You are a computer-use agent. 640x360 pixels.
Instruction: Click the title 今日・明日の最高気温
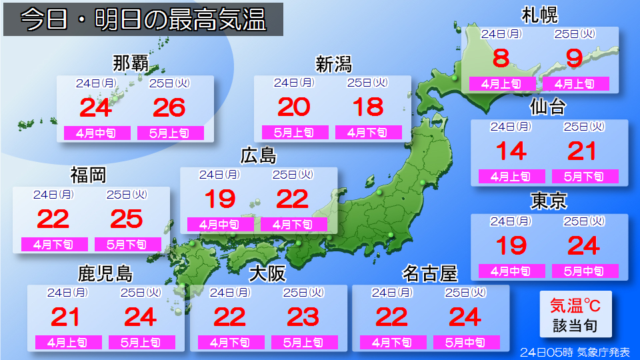(x=143, y=20)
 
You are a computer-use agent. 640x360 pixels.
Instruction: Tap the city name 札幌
(x=539, y=15)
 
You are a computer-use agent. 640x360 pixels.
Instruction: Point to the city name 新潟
(x=333, y=64)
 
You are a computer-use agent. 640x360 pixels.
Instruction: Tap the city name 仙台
(x=548, y=107)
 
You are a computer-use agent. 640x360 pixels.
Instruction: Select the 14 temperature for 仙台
(x=511, y=151)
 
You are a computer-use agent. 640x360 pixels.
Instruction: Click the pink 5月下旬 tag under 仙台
(x=585, y=177)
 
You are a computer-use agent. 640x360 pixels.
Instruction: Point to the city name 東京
(x=549, y=201)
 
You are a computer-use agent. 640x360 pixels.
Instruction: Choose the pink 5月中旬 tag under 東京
(x=585, y=271)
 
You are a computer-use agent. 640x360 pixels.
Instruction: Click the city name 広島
(x=258, y=155)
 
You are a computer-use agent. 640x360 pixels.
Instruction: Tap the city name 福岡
(x=88, y=175)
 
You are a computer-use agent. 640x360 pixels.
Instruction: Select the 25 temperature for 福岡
(x=126, y=219)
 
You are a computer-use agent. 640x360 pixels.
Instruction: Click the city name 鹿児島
(x=105, y=273)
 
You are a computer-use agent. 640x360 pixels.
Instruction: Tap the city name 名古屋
(x=430, y=273)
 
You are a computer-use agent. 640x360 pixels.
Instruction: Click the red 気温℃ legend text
(x=574, y=305)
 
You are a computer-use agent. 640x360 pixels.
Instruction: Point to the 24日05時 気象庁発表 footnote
(x=575, y=352)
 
